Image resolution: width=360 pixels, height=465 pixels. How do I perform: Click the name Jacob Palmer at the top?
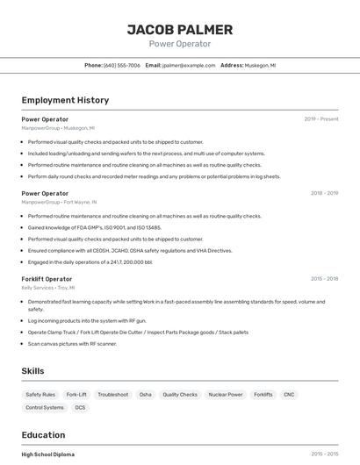click(180, 30)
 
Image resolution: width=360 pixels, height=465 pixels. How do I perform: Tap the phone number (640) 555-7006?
click(122, 65)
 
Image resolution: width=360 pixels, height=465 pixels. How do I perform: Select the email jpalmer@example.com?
click(187, 65)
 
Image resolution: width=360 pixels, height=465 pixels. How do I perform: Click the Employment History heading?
click(65, 100)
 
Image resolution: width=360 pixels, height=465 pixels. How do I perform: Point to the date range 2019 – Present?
click(321, 118)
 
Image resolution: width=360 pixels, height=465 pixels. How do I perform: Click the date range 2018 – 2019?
click(324, 193)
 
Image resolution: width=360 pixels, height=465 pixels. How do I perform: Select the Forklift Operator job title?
click(47, 279)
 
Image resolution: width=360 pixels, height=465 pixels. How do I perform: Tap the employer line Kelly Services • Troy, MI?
click(48, 288)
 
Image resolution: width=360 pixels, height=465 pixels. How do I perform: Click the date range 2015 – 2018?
click(324, 279)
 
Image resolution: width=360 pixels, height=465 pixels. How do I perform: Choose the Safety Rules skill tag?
click(40, 395)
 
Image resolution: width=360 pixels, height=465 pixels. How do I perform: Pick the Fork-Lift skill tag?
click(76, 395)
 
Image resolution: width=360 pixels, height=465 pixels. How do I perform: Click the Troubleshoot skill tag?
click(112, 395)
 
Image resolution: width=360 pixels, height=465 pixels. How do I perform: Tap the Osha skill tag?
click(145, 395)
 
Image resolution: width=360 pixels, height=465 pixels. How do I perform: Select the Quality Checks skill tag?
click(180, 395)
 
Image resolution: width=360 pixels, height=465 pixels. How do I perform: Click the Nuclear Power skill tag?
click(225, 395)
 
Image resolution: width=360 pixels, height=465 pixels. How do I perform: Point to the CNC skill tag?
click(289, 395)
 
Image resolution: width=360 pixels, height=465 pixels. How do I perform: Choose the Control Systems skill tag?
click(45, 408)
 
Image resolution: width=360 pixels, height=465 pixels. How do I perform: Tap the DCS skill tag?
click(81, 408)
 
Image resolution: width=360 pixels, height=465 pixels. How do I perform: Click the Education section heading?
click(43, 435)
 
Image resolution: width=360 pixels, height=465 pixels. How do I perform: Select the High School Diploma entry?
click(47, 454)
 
